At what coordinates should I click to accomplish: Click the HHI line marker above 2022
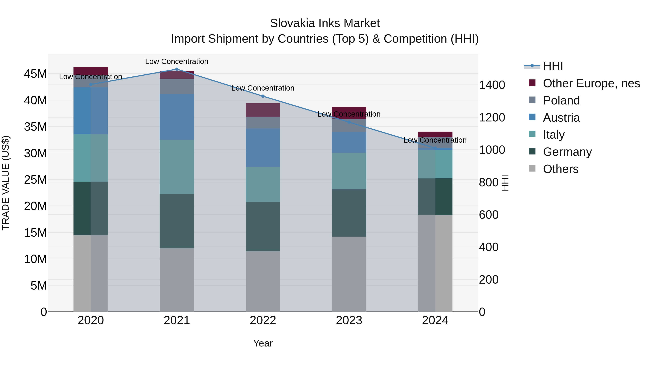pos(263,96)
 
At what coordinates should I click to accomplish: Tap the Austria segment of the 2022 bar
pos(263,148)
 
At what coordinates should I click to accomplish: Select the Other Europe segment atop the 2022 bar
pos(263,110)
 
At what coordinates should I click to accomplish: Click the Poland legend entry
pos(561,100)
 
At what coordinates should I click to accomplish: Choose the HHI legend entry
pos(553,66)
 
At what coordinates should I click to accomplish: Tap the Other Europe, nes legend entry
pos(591,83)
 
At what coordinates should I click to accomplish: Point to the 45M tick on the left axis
pos(35,74)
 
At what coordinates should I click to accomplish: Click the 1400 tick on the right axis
pos(492,85)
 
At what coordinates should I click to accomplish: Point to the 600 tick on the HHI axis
pos(489,215)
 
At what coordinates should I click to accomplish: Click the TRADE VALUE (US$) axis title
pos(6,183)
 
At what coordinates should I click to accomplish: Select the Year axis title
pos(263,343)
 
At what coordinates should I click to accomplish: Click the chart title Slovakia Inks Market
pos(325,23)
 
